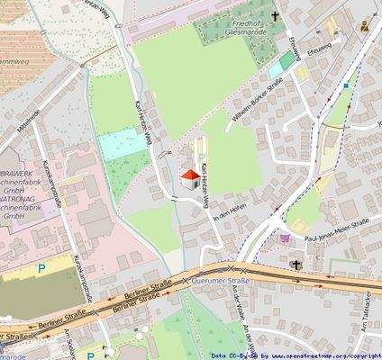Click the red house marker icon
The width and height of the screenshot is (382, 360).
(x=190, y=178)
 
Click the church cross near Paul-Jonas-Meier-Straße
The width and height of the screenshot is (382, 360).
(x=296, y=265)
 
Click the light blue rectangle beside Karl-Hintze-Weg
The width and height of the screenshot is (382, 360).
(x=117, y=144)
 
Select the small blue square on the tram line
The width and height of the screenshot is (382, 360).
(x=346, y=86)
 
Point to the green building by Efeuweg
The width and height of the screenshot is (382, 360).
(x=286, y=60)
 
